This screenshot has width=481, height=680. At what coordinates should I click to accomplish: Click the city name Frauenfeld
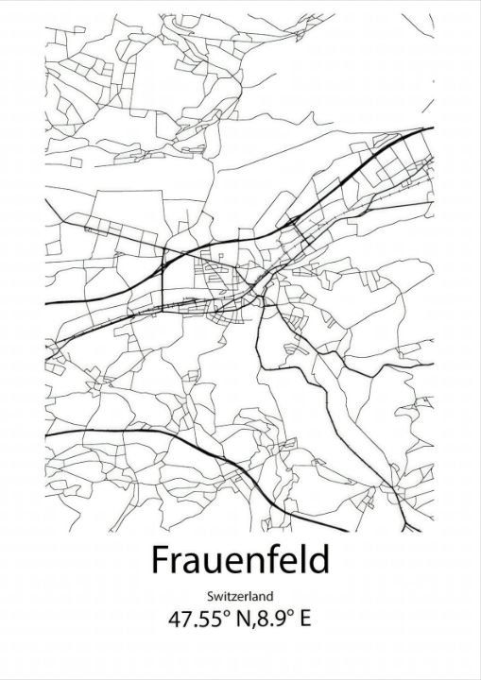click(240, 560)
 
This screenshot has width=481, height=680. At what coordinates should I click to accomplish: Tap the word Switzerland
click(240, 596)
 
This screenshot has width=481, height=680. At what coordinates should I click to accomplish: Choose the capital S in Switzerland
click(210, 596)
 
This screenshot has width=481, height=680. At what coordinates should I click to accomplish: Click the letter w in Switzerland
click(217, 597)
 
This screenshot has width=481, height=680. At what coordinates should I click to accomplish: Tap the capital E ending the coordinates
click(306, 620)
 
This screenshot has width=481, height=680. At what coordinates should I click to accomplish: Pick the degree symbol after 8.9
click(289, 615)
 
